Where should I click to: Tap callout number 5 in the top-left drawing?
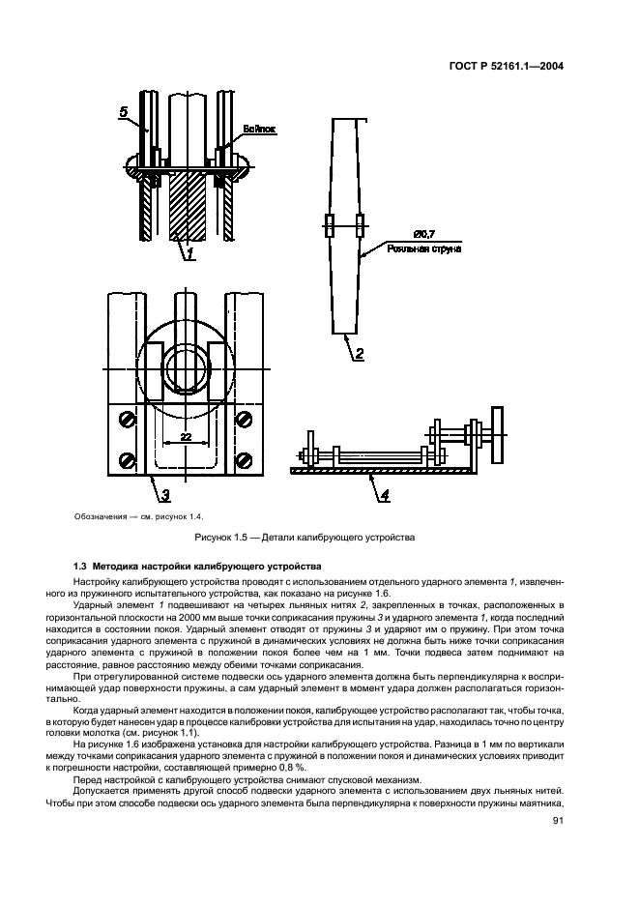tap(124, 112)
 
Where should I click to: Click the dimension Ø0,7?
tap(422, 235)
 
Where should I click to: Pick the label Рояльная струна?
tap(423, 248)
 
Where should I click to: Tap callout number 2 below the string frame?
tap(358, 354)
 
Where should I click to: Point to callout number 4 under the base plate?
tap(384, 496)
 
